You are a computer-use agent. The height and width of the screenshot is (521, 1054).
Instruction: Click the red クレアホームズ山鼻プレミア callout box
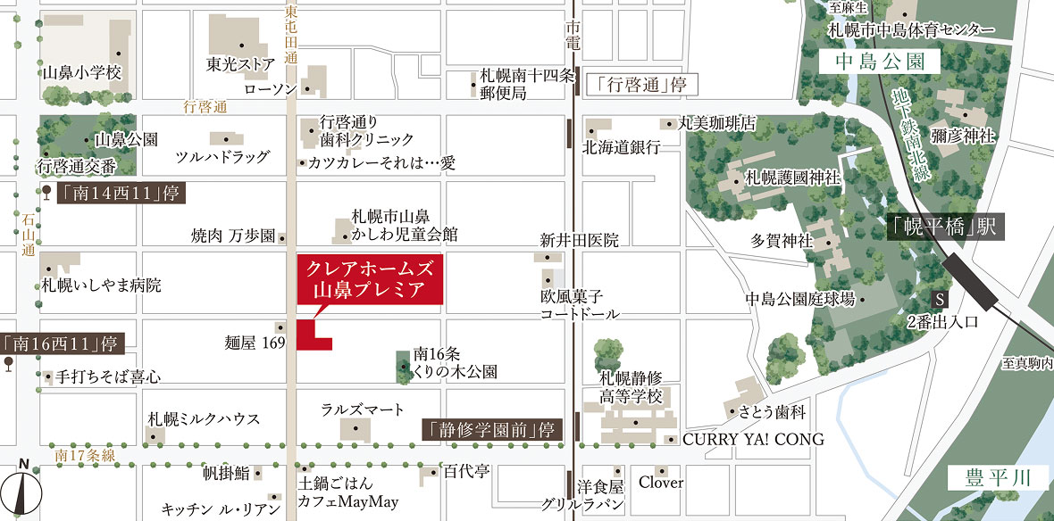click(369, 279)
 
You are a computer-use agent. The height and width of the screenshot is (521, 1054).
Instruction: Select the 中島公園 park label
click(881, 62)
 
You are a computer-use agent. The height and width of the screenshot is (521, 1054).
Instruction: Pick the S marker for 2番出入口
click(939, 299)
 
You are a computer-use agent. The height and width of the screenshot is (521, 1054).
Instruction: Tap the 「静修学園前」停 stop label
click(492, 429)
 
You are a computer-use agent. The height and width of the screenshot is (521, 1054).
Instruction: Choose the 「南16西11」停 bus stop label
click(61, 343)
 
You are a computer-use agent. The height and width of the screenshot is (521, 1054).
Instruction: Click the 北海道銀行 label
click(622, 147)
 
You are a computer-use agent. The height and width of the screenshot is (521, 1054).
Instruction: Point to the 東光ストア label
click(239, 65)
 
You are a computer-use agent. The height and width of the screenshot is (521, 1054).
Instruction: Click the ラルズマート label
click(363, 409)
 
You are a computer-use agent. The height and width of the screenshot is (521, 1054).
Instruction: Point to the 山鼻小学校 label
click(81, 72)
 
